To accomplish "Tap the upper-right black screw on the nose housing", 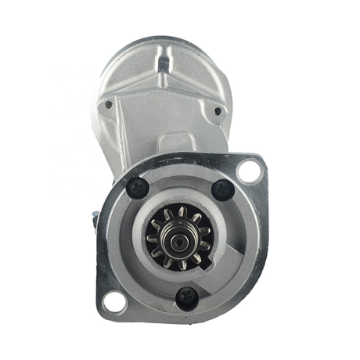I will [x=223, y=189].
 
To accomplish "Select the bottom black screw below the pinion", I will [x=186, y=296].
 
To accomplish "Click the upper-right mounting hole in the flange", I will [x=249, y=170].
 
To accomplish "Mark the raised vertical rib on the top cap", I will [x=164, y=63].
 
